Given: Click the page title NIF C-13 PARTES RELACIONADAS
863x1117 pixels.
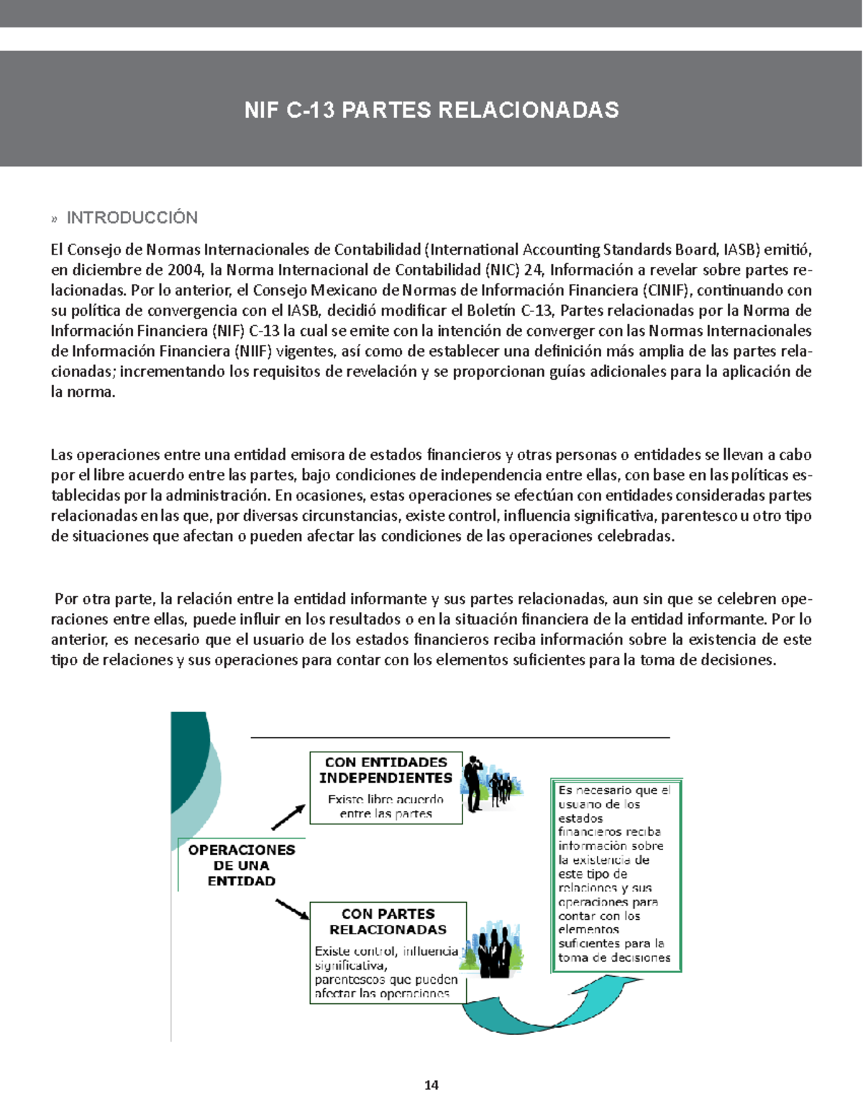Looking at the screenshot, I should [431, 110].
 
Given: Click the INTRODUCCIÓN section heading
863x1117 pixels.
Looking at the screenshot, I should [132, 218].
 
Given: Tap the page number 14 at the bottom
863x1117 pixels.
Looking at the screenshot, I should [431, 1085].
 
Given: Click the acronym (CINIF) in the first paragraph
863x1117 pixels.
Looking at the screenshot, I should [666, 291].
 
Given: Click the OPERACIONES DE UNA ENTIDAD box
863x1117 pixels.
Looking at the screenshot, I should [242, 865].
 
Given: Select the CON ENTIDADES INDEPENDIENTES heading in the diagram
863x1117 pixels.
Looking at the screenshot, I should [385, 770].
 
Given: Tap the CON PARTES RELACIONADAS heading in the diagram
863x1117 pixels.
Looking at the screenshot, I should [388, 921].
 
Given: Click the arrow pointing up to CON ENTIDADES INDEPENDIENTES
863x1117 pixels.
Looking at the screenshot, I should [288, 817].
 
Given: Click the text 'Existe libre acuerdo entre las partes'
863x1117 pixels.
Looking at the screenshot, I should [385, 806].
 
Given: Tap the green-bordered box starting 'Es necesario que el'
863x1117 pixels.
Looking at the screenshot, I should [616, 874].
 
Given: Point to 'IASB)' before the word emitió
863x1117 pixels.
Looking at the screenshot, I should [741, 250].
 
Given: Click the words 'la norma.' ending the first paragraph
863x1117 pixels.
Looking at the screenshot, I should [83, 393].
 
